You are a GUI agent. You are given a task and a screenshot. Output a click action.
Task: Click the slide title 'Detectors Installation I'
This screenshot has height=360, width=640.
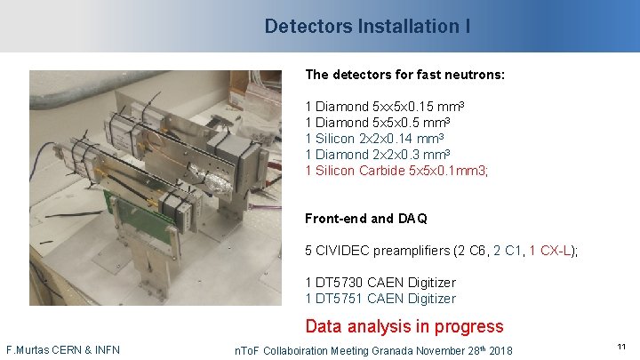(367, 27)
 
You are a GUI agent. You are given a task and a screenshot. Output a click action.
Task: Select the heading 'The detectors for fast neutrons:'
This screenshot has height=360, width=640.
(404, 75)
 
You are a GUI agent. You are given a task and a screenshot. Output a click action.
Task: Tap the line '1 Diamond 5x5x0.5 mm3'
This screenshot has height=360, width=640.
(377, 123)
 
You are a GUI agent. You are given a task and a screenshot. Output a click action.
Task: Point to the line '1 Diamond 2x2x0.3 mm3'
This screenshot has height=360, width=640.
(377, 155)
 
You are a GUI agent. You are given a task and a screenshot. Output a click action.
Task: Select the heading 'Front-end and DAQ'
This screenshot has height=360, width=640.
(365, 218)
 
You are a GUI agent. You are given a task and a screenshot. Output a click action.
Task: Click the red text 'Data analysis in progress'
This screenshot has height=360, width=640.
(404, 326)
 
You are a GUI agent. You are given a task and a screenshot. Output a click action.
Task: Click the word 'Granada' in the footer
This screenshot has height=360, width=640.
(391, 350)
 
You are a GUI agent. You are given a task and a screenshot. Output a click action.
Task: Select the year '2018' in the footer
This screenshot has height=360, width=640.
(500, 350)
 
